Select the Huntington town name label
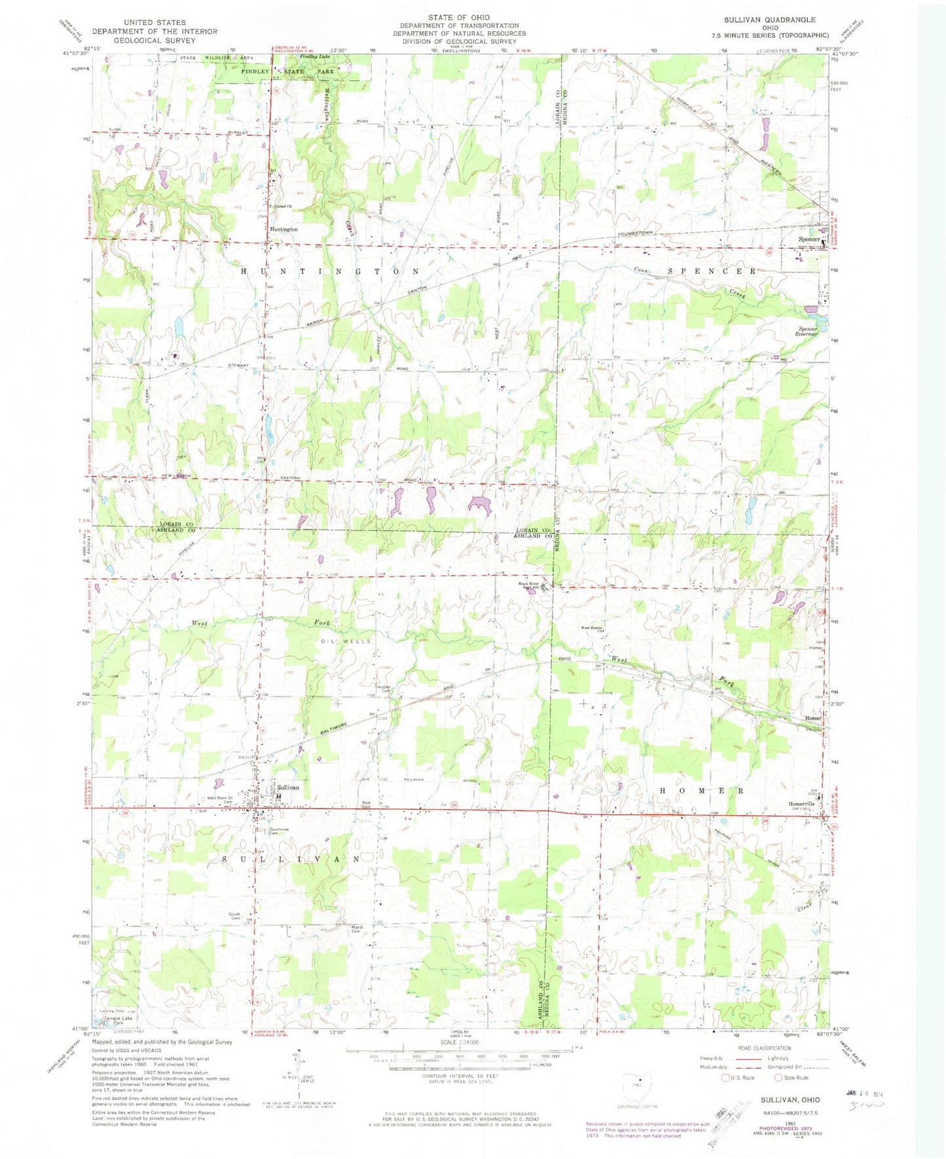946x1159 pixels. (x=283, y=229)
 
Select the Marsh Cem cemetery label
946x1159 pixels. (x=357, y=928)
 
